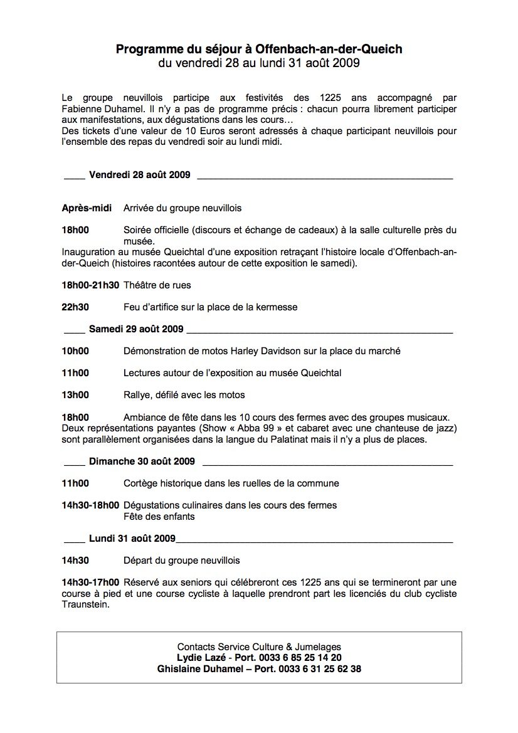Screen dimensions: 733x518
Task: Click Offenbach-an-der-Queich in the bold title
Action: (x=329, y=49)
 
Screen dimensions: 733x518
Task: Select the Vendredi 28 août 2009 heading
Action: (x=140, y=174)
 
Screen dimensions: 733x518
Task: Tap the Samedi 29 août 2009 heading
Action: (x=135, y=329)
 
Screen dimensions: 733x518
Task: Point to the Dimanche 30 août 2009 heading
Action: (x=142, y=461)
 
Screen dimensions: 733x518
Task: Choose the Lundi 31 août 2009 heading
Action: (x=132, y=538)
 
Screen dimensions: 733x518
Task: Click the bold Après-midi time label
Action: (x=87, y=208)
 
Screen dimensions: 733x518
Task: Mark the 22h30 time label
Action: (x=75, y=307)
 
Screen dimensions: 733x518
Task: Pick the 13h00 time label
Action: (x=75, y=395)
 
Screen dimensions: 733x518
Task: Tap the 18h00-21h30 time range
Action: (x=90, y=285)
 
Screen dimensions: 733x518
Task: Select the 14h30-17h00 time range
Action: (x=90, y=583)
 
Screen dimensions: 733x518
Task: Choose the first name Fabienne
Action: (x=83, y=108)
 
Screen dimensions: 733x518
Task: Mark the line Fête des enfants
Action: (x=159, y=517)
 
